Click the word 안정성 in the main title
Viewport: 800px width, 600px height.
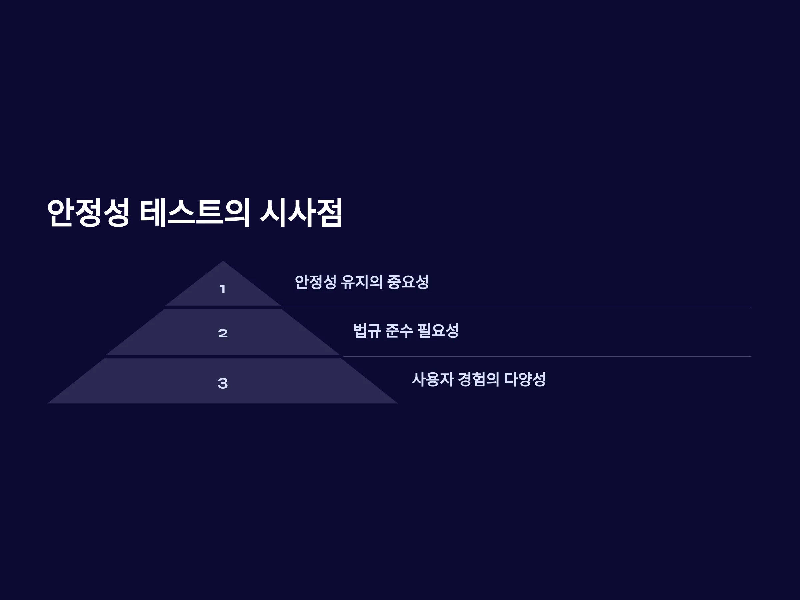pos(88,213)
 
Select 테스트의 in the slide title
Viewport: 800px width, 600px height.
pos(195,213)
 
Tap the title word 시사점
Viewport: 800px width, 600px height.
pos(301,213)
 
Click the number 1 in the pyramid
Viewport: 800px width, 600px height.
pos(223,289)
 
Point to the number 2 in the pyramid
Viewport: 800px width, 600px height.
pos(223,333)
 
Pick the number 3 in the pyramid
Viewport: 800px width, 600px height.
pos(223,383)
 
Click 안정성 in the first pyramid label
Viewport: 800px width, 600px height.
pos(316,282)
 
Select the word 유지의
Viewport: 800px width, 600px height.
pos(362,282)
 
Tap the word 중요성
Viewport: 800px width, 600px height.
pos(408,282)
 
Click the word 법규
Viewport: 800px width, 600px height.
pos(367,331)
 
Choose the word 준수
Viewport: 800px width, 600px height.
pos(399,331)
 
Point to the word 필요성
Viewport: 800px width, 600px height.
pos(438,331)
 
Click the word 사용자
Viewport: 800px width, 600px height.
pos(433,379)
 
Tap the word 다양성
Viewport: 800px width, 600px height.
pos(525,379)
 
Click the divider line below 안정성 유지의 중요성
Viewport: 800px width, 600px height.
pos(518,308)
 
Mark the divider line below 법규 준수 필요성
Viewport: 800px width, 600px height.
pos(547,357)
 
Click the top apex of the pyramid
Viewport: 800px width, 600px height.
pos(223,261)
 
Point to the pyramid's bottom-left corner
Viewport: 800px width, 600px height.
pos(48,403)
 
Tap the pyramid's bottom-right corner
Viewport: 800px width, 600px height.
pos(398,403)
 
